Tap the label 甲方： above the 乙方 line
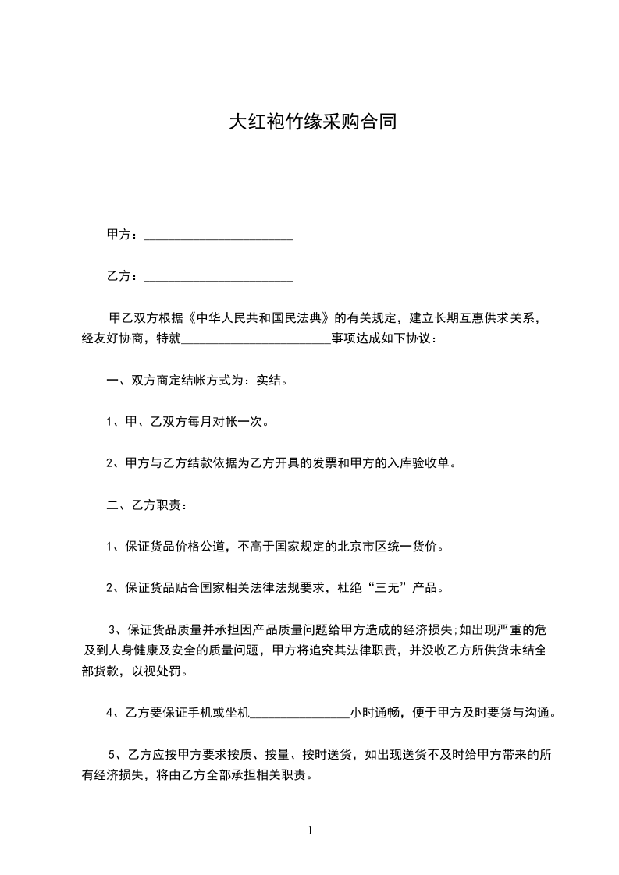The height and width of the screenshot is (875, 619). pos(123,235)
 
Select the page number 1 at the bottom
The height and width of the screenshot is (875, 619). pos(310,831)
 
